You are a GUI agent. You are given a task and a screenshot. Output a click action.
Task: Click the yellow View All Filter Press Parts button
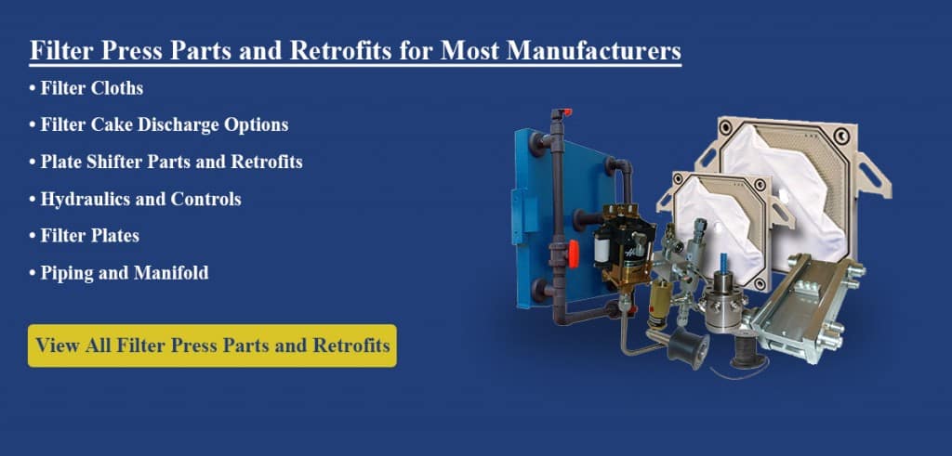[x=212, y=345]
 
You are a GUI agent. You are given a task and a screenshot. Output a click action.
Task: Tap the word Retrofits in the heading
[x=324, y=51]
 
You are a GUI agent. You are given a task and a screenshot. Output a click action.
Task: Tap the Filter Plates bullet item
[x=89, y=236]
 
